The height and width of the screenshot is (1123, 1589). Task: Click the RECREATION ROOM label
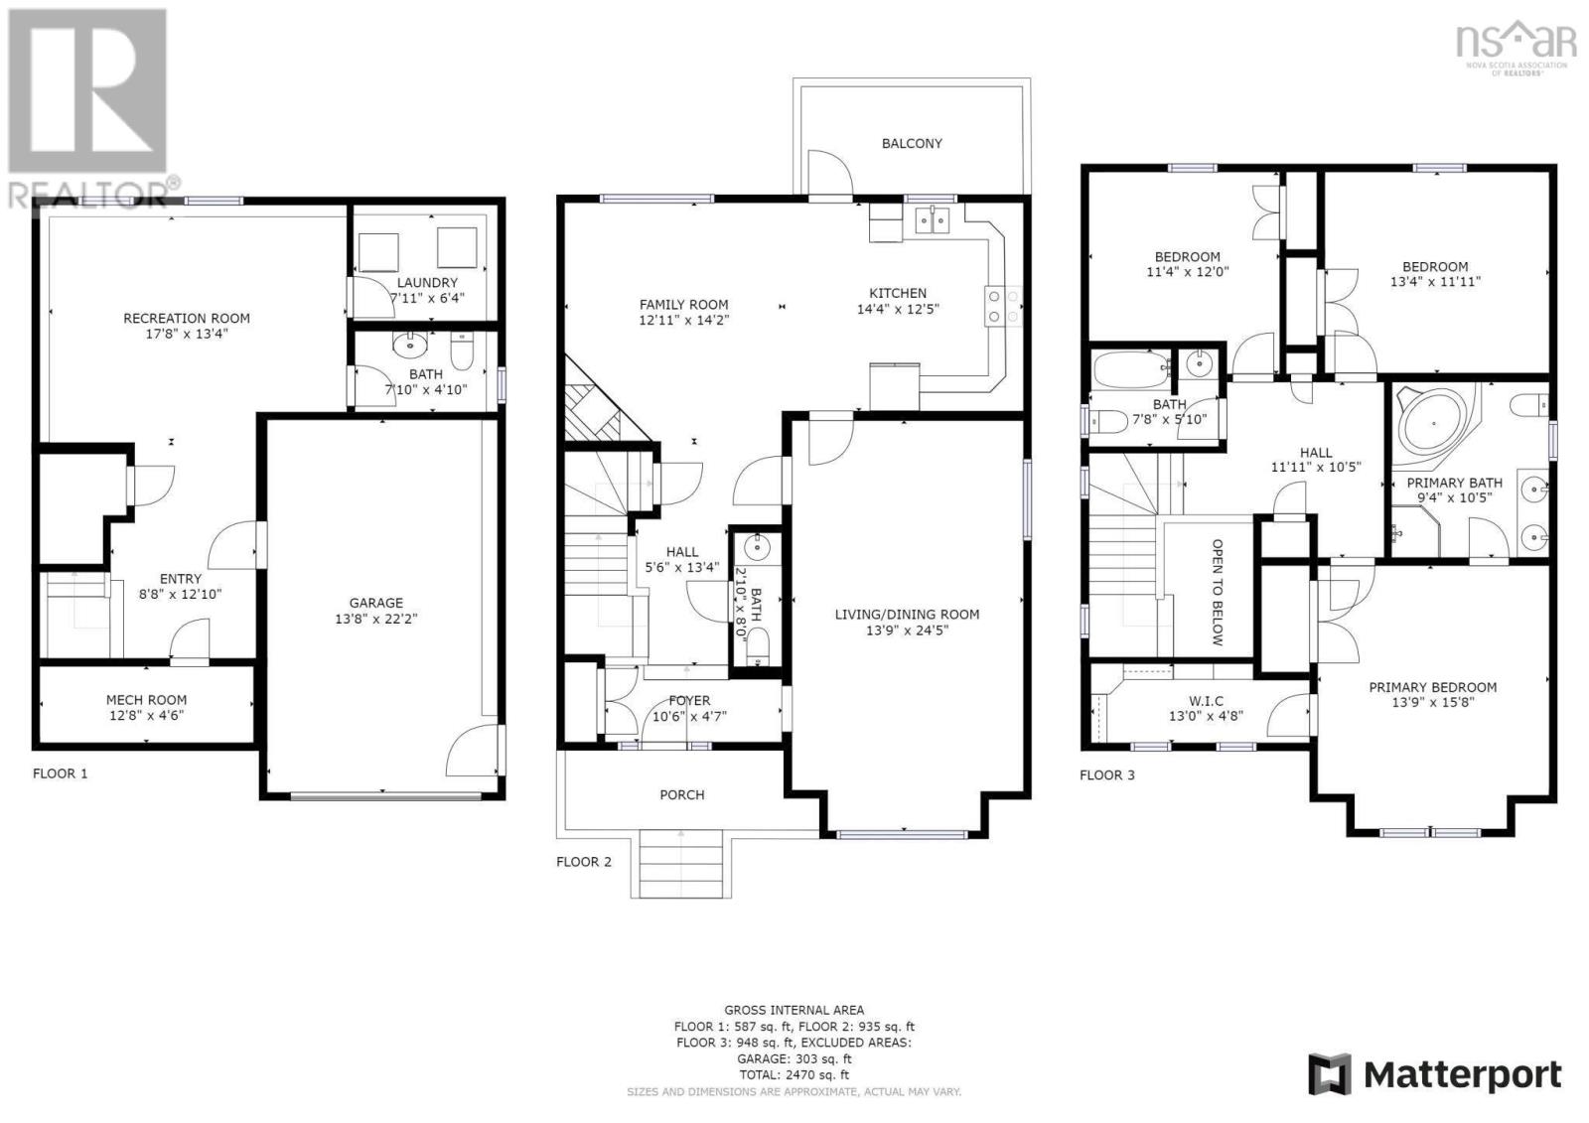click(187, 319)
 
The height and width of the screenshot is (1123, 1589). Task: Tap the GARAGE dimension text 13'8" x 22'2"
click(376, 619)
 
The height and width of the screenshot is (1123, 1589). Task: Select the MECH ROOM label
click(147, 699)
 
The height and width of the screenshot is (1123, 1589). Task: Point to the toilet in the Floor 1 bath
click(461, 353)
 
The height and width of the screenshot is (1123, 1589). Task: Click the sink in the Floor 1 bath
click(410, 346)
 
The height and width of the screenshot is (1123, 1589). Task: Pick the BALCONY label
click(912, 143)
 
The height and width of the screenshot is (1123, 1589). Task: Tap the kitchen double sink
click(933, 220)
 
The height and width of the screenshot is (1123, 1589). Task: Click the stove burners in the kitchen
click(1002, 307)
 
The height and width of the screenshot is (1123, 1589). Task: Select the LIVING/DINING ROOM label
click(907, 615)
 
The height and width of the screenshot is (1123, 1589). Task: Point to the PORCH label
click(681, 794)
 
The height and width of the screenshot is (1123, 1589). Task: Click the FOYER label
click(689, 701)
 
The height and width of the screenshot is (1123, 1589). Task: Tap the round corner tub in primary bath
click(1434, 424)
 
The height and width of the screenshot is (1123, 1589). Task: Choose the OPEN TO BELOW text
click(1218, 593)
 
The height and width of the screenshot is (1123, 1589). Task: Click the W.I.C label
click(1206, 701)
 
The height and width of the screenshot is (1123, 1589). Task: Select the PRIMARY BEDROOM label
click(1433, 687)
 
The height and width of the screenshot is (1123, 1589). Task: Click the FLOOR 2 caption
click(583, 862)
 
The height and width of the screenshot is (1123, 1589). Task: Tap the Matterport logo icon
click(1330, 1074)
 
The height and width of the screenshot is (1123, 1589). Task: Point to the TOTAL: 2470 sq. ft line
click(794, 1074)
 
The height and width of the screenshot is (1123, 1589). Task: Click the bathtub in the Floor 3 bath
click(1131, 369)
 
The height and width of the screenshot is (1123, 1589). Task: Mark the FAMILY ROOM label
click(684, 305)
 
